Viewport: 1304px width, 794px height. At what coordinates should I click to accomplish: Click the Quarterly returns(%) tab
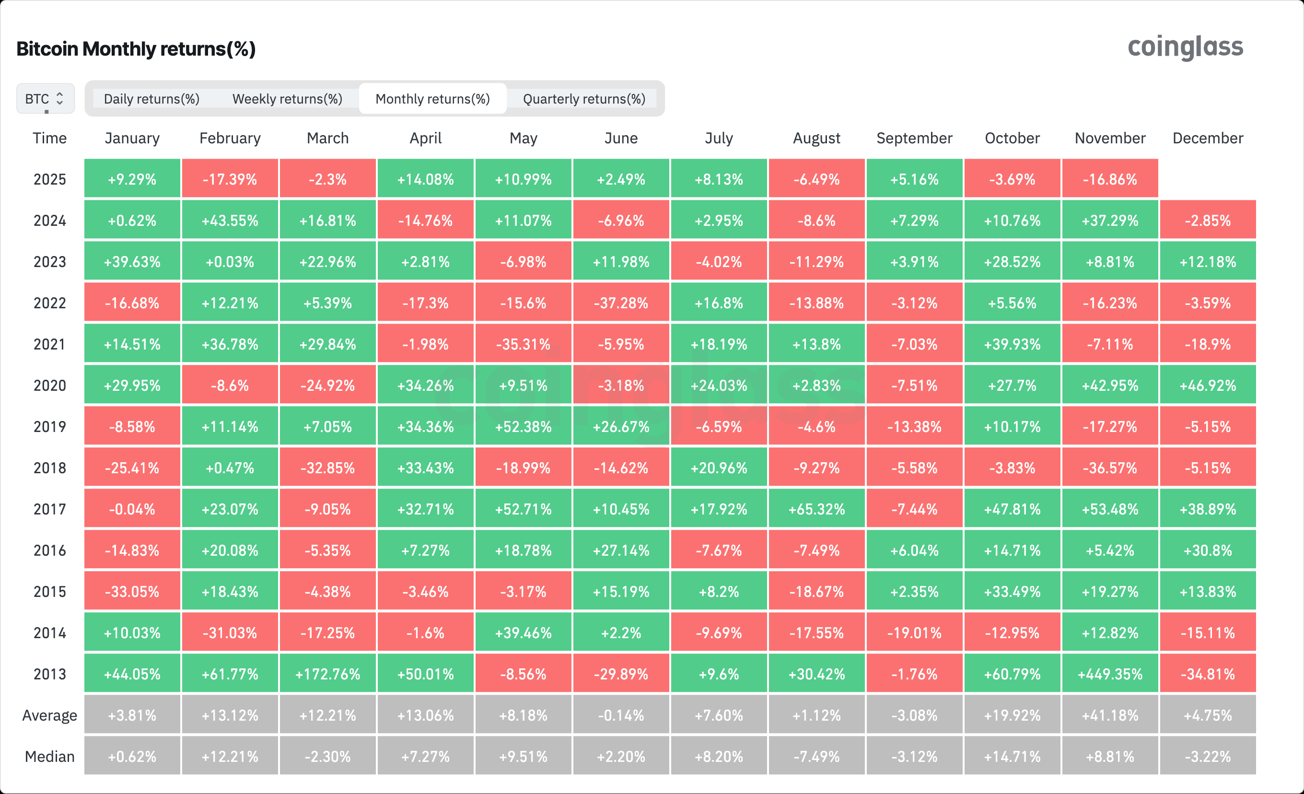point(584,99)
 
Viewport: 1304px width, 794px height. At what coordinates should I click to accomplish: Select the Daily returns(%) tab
point(151,99)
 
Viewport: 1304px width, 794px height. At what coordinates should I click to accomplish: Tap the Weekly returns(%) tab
point(287,99)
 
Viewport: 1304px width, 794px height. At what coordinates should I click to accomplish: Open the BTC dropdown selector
point(45,99)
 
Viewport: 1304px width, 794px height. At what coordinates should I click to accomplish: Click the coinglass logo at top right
point(1185,47)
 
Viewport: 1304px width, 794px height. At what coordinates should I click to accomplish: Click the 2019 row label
point(50,427)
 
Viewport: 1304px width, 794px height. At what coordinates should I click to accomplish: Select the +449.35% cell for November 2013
point(1110,674)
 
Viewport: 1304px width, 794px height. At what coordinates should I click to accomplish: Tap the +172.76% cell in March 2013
point(327,674)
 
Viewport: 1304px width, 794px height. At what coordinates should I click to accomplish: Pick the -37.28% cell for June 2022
point(621,303)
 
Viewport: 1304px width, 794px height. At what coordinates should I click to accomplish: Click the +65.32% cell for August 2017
point(816,509)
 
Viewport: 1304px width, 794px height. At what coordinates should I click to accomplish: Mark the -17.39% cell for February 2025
point(230,179)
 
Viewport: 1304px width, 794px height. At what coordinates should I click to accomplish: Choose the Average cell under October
point(1012,715)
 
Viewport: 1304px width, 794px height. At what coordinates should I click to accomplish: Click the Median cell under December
point(1208,757)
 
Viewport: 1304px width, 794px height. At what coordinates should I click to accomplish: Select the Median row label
point(50,757)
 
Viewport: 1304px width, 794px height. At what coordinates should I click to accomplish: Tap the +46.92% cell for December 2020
point(1208,385)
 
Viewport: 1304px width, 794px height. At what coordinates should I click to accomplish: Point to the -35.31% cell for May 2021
point(523,344)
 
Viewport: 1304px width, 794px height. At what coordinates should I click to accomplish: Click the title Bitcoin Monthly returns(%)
point(136,49)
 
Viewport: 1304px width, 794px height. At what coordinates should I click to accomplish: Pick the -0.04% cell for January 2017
point(132,509)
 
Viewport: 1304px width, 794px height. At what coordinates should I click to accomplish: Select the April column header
point(426,138)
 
